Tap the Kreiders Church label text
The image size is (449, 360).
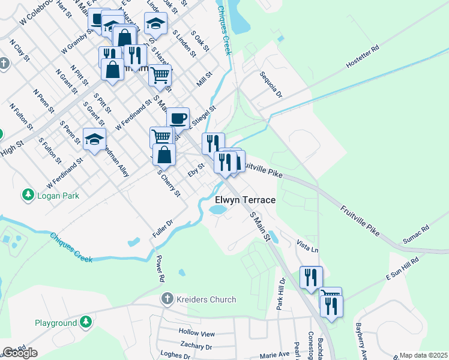(x=206, y=299)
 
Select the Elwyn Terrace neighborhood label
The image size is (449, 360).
(x=246, y=200)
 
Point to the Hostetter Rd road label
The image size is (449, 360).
(x=363, y=57)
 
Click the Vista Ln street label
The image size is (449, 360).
(x=307, y=245)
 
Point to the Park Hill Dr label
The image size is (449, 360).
(x=280, y=293)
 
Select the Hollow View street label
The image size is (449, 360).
(x=196, y=333)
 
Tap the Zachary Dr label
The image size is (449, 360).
(x=196, y=346)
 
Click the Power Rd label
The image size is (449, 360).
(x=160, y=269)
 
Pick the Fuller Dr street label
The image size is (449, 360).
(x=163, y=228)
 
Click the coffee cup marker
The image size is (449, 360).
(x=178, y=118)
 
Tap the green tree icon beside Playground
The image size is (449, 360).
(x=86, y=323)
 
